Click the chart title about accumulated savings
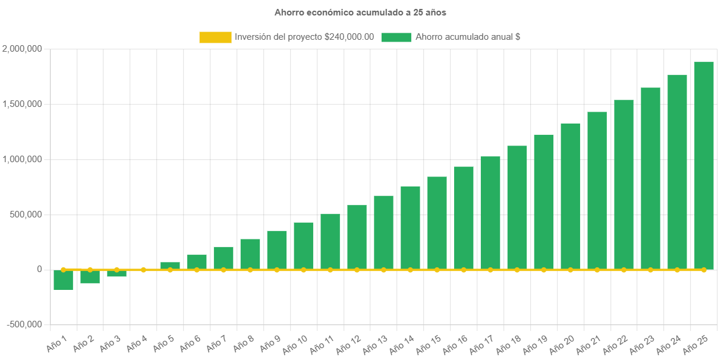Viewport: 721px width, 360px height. tap(360, 12)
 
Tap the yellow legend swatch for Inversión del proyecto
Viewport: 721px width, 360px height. tap(215, 37)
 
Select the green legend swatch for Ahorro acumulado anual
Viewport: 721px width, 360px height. tap(396, 37)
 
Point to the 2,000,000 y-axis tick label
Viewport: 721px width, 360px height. tap(22, 49)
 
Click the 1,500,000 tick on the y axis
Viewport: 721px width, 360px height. tap(22, 104)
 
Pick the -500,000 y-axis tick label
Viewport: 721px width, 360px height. tap(24, 324)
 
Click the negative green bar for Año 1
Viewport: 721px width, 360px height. tap(63, 280)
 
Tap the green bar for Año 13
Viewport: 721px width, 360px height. tap(383, 232)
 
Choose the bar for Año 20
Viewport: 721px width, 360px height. tap(570, 196)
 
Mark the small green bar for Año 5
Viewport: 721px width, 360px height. tap(170, 266)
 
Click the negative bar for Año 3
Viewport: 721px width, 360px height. tap(117, 273)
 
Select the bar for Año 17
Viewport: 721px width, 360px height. tap(490, 213)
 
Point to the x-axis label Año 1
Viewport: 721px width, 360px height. tap(58, 342)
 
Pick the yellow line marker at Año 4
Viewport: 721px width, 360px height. tap(143, 270)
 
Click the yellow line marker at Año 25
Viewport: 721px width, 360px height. tap(704, 270)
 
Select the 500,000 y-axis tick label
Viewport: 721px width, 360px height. tap(24, 214)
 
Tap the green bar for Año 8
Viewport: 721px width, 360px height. tap(250, 254)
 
